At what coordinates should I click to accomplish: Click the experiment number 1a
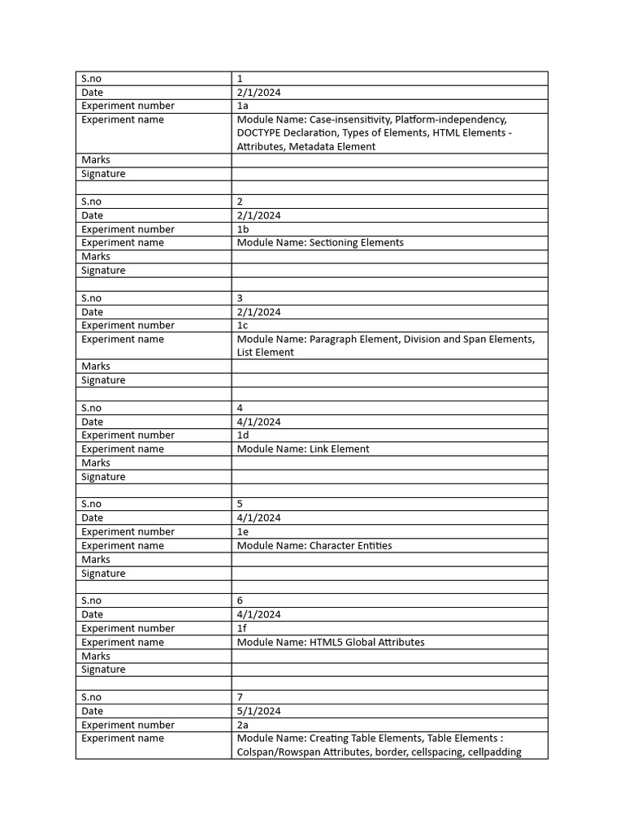[x=242, y=106]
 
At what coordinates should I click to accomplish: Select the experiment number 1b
[x=243, y=229]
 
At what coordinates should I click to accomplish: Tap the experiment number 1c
[x=242, y=325]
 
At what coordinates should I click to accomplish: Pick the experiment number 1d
[x=243, y=435]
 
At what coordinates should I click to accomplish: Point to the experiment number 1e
[x=242, y=531]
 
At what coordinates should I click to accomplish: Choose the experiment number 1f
[x=242, y=628]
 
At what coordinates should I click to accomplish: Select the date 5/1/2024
[x=259, y=711]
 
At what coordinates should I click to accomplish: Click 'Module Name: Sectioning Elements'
[x=320, y=243]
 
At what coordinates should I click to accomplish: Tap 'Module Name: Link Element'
[x=303, y=449]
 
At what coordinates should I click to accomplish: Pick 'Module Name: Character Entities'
[x=314, y=546]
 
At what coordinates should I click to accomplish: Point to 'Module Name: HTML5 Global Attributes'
[x=331, y=643]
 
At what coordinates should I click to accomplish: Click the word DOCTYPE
[x=260, y=133]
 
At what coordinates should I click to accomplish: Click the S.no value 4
[x=240, y=408]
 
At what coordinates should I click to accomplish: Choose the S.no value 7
[x=240, y=697]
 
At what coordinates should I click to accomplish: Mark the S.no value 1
[x=240, y=79]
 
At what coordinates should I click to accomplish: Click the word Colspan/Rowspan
[x=279, y=752]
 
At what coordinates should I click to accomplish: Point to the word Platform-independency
[x=451, y=119]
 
